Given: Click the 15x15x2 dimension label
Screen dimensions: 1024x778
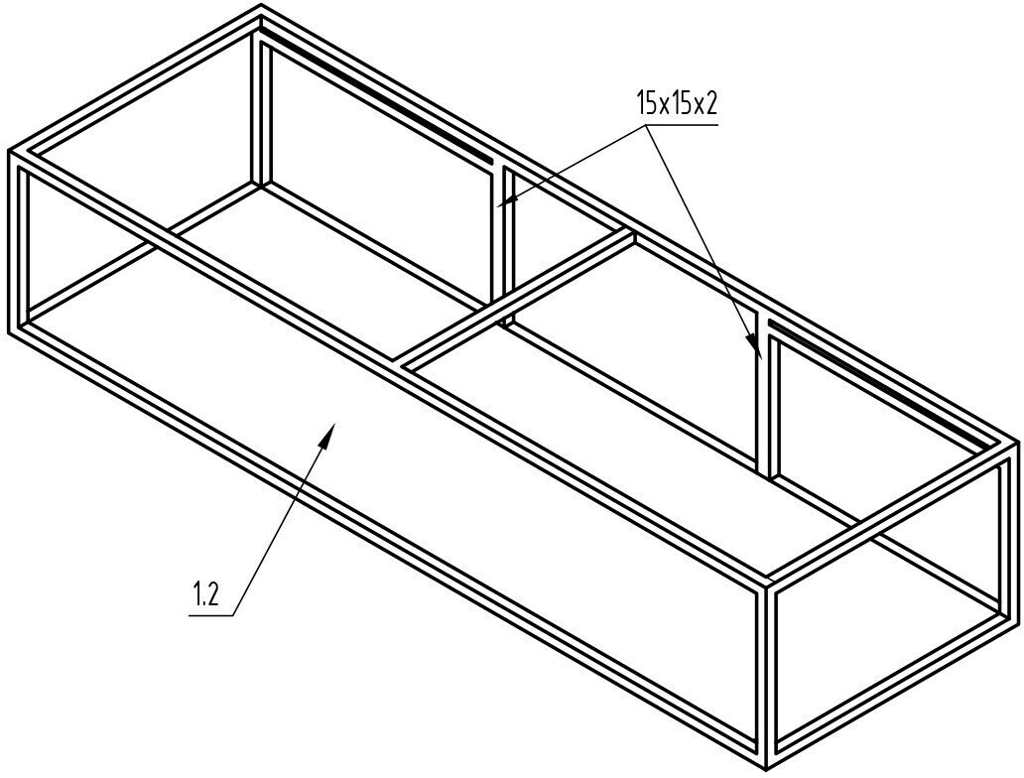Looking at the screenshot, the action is click(676, 103).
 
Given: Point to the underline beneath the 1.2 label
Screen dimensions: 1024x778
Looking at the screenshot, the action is click(211, 614).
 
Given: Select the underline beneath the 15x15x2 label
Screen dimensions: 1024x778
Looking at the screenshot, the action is click(678, 123).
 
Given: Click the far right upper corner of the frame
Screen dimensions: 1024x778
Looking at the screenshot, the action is click(1017, 443).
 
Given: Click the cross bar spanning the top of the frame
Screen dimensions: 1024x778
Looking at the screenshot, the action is click(516, 298).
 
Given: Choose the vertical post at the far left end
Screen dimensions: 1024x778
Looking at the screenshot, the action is click(20, 242).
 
